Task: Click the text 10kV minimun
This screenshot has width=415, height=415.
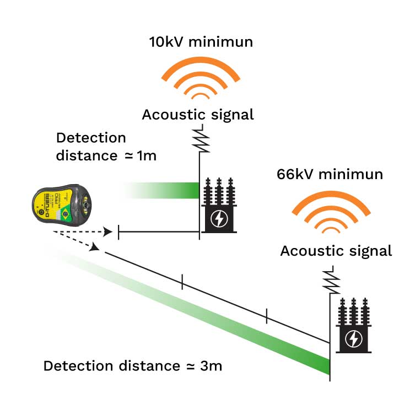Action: (x=201, y=42)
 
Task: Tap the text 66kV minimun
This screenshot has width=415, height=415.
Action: (x=330, y=175)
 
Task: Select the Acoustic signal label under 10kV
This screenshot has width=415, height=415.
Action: (x=198, y=115)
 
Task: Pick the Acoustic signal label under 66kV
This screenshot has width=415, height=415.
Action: (x=336, y=251)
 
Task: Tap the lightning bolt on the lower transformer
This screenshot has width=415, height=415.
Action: (x=353, y=339)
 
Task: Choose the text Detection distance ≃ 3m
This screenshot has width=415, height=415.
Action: (x=132, y=365)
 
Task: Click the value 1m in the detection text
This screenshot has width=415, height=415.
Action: (x=147, y=155)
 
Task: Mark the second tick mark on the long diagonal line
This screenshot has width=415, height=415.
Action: (x=267, y=316)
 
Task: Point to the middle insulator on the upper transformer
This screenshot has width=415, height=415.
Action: (x=219, y=190)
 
